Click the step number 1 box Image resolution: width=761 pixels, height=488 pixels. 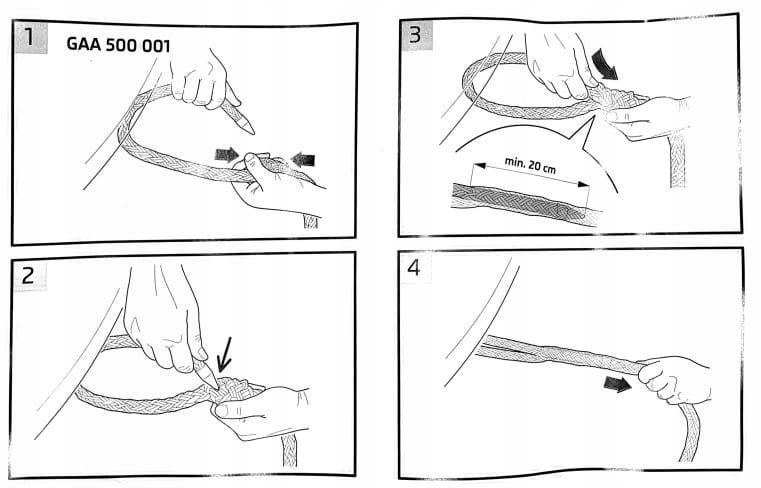coord(31,37)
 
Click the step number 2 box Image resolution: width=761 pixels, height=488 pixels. coord(29,275)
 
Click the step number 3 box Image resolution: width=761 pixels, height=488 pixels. coord(416,34)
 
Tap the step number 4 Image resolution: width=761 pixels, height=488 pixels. coord(414,267)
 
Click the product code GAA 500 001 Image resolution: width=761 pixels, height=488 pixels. coord(118,45)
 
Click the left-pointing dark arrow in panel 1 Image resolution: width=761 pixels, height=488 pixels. coord(303,159)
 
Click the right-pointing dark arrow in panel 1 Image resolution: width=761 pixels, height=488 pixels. coord(227,155)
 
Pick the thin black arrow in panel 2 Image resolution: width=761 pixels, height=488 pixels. coord(225,354)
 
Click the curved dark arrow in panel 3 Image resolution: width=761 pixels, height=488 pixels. coord(604,63)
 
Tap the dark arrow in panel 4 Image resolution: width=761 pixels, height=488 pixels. coord(617,385)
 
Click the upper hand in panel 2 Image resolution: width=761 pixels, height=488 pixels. coord(164,322)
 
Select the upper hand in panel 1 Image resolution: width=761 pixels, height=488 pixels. coord(203,80)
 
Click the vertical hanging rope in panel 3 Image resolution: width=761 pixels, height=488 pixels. coord(678,159)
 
